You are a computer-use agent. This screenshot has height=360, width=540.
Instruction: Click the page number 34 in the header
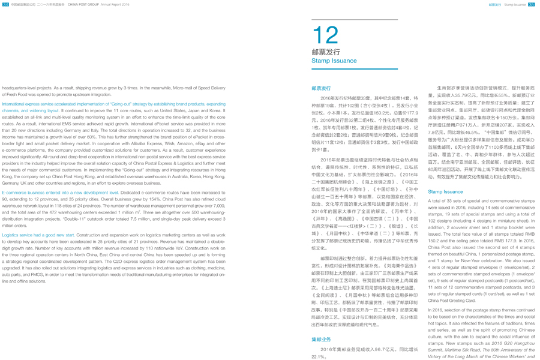(x=5, y=4)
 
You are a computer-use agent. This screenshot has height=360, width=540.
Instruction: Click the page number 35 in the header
(x=531, y=4)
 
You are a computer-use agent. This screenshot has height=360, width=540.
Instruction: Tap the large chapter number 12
(x=325, y=35)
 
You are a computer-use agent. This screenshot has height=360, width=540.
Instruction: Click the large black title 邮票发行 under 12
(x=326, y=52)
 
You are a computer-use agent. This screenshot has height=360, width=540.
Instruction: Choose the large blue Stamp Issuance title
(x=334, y=61)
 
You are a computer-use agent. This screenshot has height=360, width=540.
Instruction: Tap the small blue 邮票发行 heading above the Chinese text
(x=321, y=88)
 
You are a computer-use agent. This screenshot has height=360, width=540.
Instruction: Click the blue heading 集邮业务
(x=321, y=340)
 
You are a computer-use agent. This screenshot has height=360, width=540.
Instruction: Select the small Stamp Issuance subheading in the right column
(x=445, y=192)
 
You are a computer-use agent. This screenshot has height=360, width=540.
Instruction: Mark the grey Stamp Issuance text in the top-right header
(x=515, y=4)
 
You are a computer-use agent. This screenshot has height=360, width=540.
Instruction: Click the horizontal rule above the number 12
(x=354, y=20)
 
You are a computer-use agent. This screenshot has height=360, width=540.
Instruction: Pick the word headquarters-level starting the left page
(x=19, y=88)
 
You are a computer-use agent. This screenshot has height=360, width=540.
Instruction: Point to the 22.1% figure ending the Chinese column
(x=317, y=356)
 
